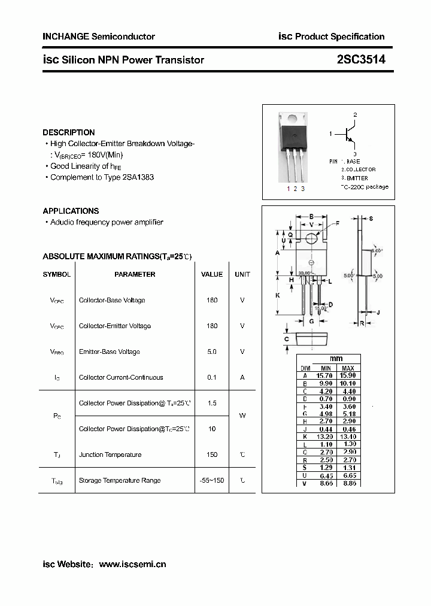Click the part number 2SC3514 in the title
(361, 59)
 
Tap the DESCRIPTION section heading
(69, 132)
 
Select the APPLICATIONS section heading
(71, 211)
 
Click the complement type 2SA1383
(139, 177)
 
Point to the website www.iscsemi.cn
(132, 564)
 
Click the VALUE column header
(212, 274)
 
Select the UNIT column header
(242, 274)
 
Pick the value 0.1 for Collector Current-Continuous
(212, 377)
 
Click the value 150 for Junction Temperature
(212, 454)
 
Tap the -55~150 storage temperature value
(212, 480)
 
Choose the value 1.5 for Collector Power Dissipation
(212, 403)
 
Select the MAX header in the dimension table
(348, 368)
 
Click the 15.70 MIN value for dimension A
(326, 375)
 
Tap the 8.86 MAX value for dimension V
(348, 483)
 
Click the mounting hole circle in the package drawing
(311, 238)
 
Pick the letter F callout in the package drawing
(337, 223)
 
